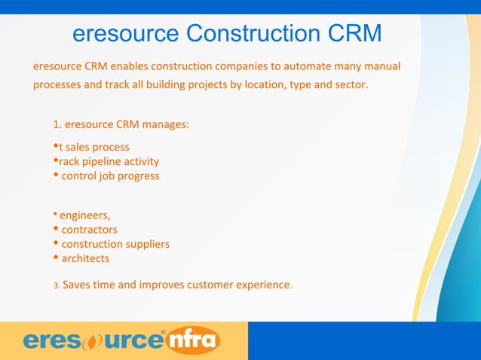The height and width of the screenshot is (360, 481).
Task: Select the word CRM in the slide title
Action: (x=354, y=34)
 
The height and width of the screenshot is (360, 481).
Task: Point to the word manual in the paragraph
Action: (x=381, y=66)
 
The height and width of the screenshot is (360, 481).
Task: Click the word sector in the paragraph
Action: (x=349, y=84)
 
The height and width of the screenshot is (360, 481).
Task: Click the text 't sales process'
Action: (x=94, y=147)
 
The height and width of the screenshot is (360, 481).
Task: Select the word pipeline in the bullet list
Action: (x=109, y=161)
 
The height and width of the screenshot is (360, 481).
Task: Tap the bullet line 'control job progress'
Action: (x=110, y=175)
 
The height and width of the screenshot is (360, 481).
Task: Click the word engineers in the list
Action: (x=85, y=215)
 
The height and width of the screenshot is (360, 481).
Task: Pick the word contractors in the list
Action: (x=89, y=230)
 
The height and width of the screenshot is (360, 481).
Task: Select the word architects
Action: (x=85, y=258)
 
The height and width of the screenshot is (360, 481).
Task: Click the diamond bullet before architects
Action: (x=56, y=258)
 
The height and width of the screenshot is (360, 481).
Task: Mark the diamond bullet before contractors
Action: (x=56, y=229)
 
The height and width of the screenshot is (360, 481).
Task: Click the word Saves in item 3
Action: (x=78, y=285)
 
